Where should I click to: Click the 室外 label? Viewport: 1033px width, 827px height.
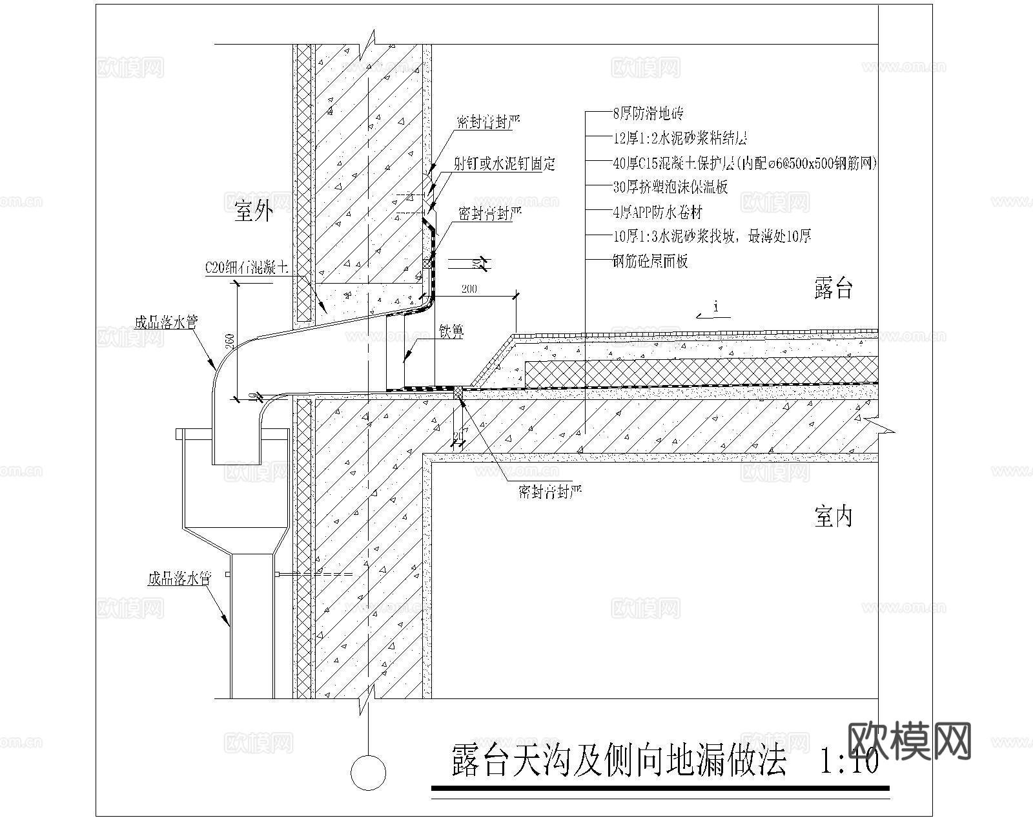click(x=253, y=211)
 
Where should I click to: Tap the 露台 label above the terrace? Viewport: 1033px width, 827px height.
click(x=833, y=288)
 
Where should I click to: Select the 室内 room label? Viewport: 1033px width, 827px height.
click(x=833, y=516)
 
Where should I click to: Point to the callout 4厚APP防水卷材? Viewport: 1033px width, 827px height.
click(x=657, y=212)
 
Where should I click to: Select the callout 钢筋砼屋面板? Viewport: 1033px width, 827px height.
click(x=649, y=261)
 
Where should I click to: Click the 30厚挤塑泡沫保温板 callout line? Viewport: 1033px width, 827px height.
click(x=670, y=187)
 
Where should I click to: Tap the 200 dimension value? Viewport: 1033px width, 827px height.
click(x=469, y=289)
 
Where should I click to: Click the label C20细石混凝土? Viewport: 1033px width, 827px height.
click(x=246, y=267)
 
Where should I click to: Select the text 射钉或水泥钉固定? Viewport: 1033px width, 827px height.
click(x=504, y=163)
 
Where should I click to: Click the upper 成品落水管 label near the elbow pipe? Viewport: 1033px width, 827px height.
click(x=165, y=322)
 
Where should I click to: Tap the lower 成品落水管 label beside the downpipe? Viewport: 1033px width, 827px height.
click(x=179, y=578)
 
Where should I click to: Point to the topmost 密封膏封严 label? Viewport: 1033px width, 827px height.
click(x=488, y=122)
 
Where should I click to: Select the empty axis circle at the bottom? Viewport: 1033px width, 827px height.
click(x=368, y=772)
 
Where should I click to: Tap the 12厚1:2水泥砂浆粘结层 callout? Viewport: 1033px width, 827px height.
click(x=679, y=138)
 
